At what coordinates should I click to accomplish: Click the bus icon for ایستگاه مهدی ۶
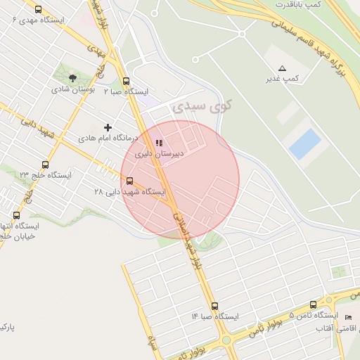[38, 10]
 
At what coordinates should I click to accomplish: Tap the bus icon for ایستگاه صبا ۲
[126, 81]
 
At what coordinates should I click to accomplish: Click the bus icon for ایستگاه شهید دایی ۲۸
[129, 181]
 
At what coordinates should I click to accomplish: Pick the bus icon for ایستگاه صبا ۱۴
[214, 306]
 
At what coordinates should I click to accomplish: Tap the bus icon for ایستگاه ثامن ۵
[314, 304]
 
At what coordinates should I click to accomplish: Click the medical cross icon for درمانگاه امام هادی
[108, 127]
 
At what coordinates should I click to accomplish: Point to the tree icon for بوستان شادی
[73, 77]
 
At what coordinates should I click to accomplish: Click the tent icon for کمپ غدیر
[283, 68]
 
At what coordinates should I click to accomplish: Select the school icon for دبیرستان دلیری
[158, 143]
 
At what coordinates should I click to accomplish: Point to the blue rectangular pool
[305, 143]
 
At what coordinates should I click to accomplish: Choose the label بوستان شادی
[70, 89]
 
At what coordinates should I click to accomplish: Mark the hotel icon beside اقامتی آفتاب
[348, 317]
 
